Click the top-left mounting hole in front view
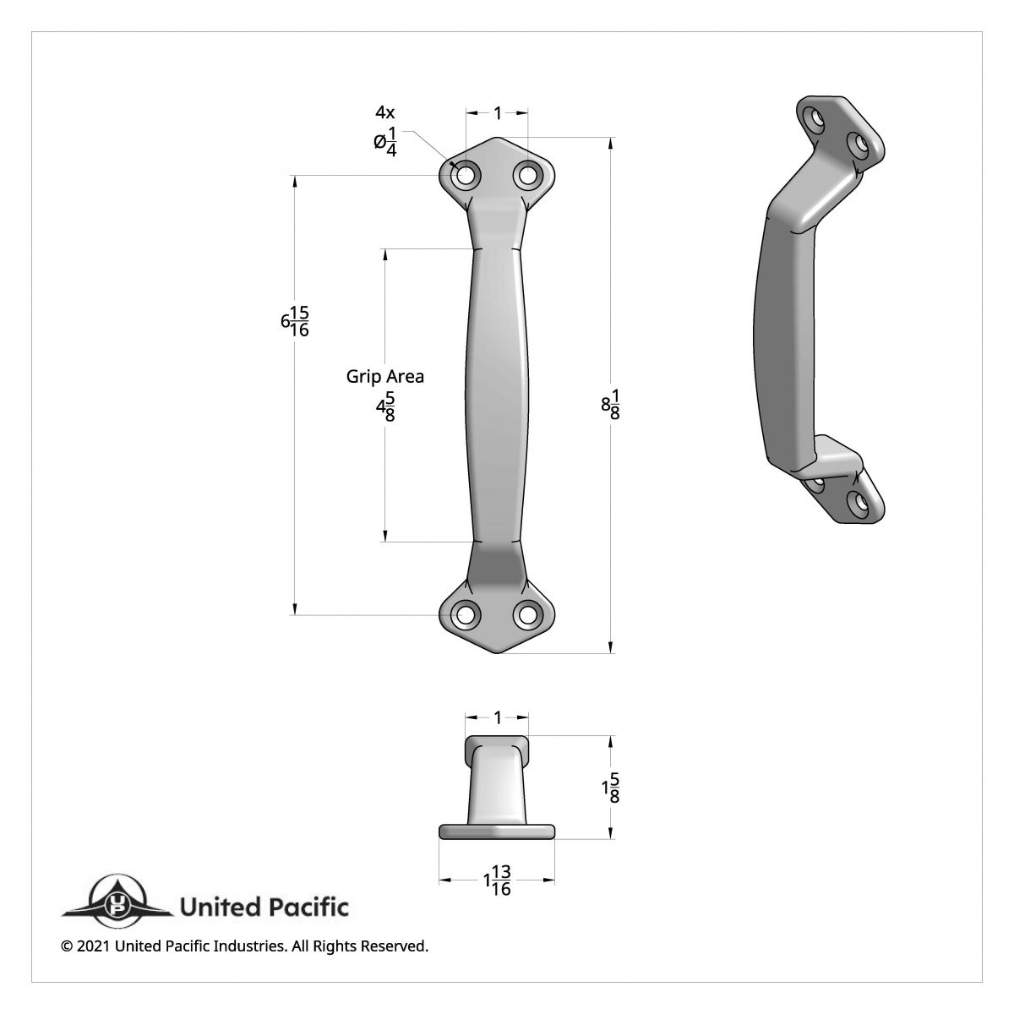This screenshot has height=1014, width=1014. pyautogui.click(x=465, y=176)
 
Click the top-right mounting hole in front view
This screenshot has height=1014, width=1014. pyautogui.click(x=528, y=176)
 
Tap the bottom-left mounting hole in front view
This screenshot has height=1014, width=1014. pyautogui.click(x=465, y=614)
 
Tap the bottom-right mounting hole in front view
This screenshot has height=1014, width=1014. pyautogui.click(x=528, y=614)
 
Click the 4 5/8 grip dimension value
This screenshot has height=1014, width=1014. pyautogui.click(x=385, y=407)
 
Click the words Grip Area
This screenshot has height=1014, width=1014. pyautogui.click(x=385, y=376)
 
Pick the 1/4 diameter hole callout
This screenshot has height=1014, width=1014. pyautogui.click(x=385, y=141)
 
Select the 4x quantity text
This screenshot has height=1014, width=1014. pyautogui.click(x=385, y=112)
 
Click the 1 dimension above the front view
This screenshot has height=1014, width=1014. pyautogui.click(x=498, y=112)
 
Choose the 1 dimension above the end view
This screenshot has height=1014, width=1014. pyautogui.click(x=498, y=717)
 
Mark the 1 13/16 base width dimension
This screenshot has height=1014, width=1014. pyautogui.click(x=498, y=881)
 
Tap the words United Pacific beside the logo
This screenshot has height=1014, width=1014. pyautogui.click(x=264, y=908)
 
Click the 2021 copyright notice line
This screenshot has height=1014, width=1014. pyautogui.click(x=245, y=946)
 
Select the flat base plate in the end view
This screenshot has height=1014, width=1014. pyautogui.click(x=497, y=831)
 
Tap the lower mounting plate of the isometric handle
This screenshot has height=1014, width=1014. pyautogui.click(x=845, y=490)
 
